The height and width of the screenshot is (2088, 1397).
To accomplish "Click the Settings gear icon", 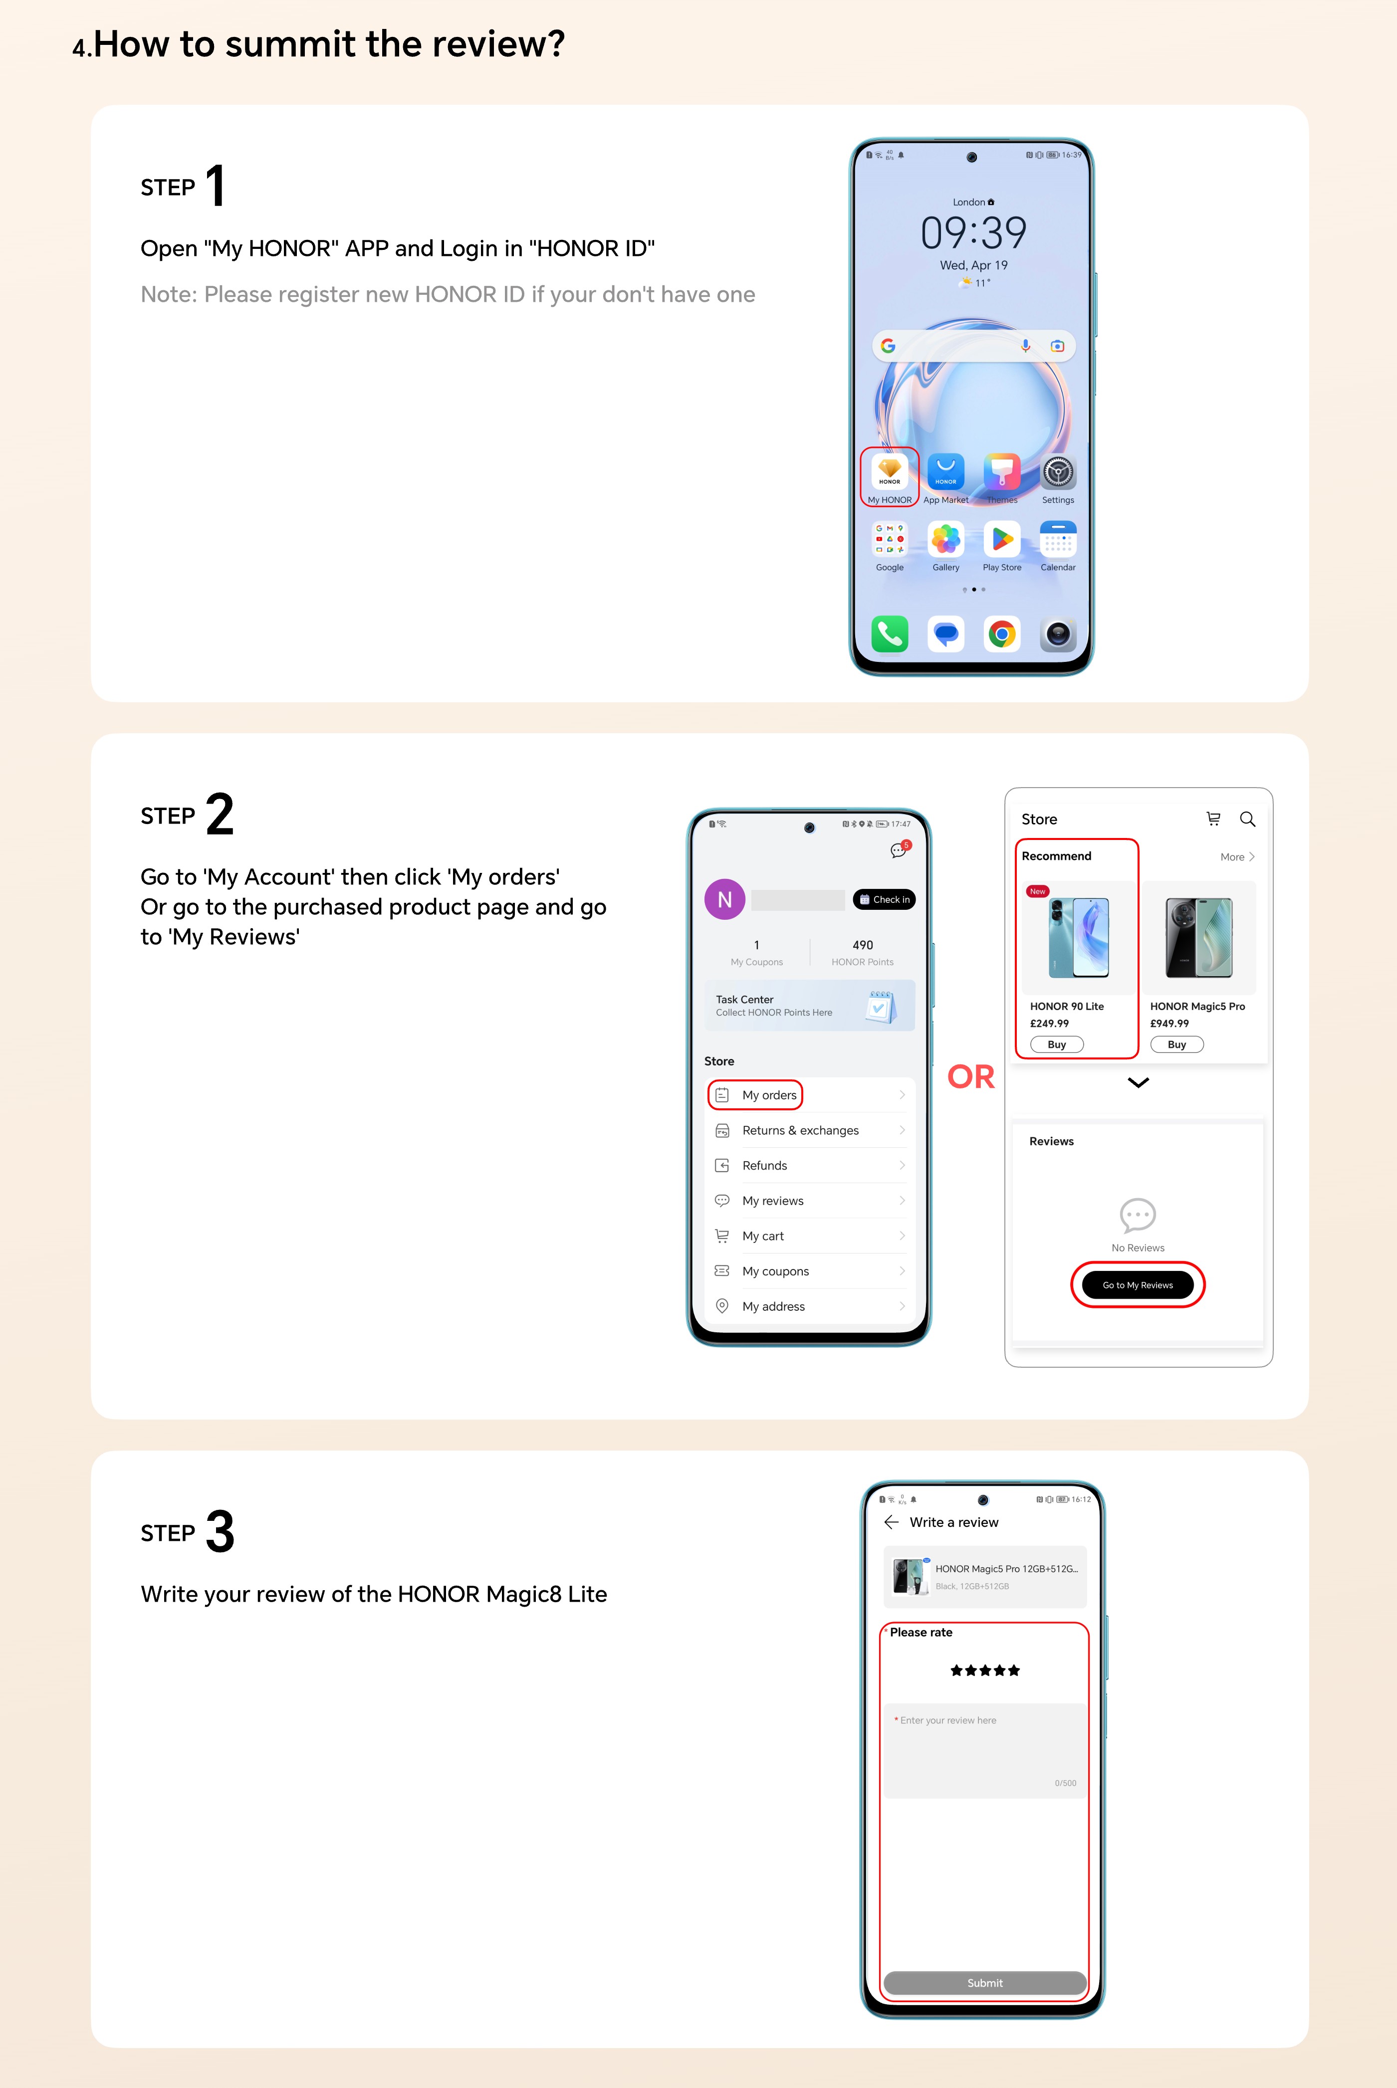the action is [x=1058, y=471].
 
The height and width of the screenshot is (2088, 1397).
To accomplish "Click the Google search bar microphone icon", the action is [x=1025, y=346].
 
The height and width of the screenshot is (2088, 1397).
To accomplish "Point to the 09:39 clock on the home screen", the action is [x=973, y=232].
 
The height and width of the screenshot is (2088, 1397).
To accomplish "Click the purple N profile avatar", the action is [x=724, y=900].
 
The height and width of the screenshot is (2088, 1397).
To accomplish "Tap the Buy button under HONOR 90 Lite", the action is [x=1057, y=1044].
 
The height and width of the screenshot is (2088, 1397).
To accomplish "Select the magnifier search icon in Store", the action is [x=1247, y=819].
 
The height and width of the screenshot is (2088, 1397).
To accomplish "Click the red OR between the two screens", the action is [x=970, y=1077].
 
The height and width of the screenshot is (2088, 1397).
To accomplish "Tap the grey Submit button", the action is [x=984, y=1983].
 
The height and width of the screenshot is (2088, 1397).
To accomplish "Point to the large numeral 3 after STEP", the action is [x=220, y=1531].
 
